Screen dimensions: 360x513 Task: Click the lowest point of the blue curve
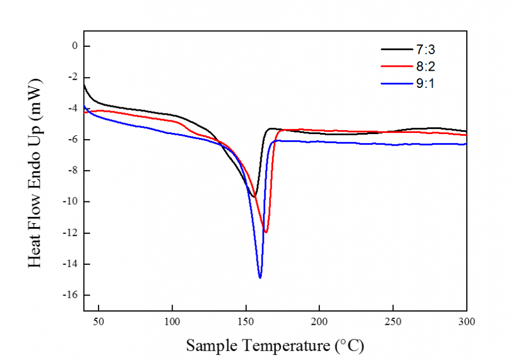click(x=260, y=278)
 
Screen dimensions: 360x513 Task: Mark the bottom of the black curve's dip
click(x=253, y=197)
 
